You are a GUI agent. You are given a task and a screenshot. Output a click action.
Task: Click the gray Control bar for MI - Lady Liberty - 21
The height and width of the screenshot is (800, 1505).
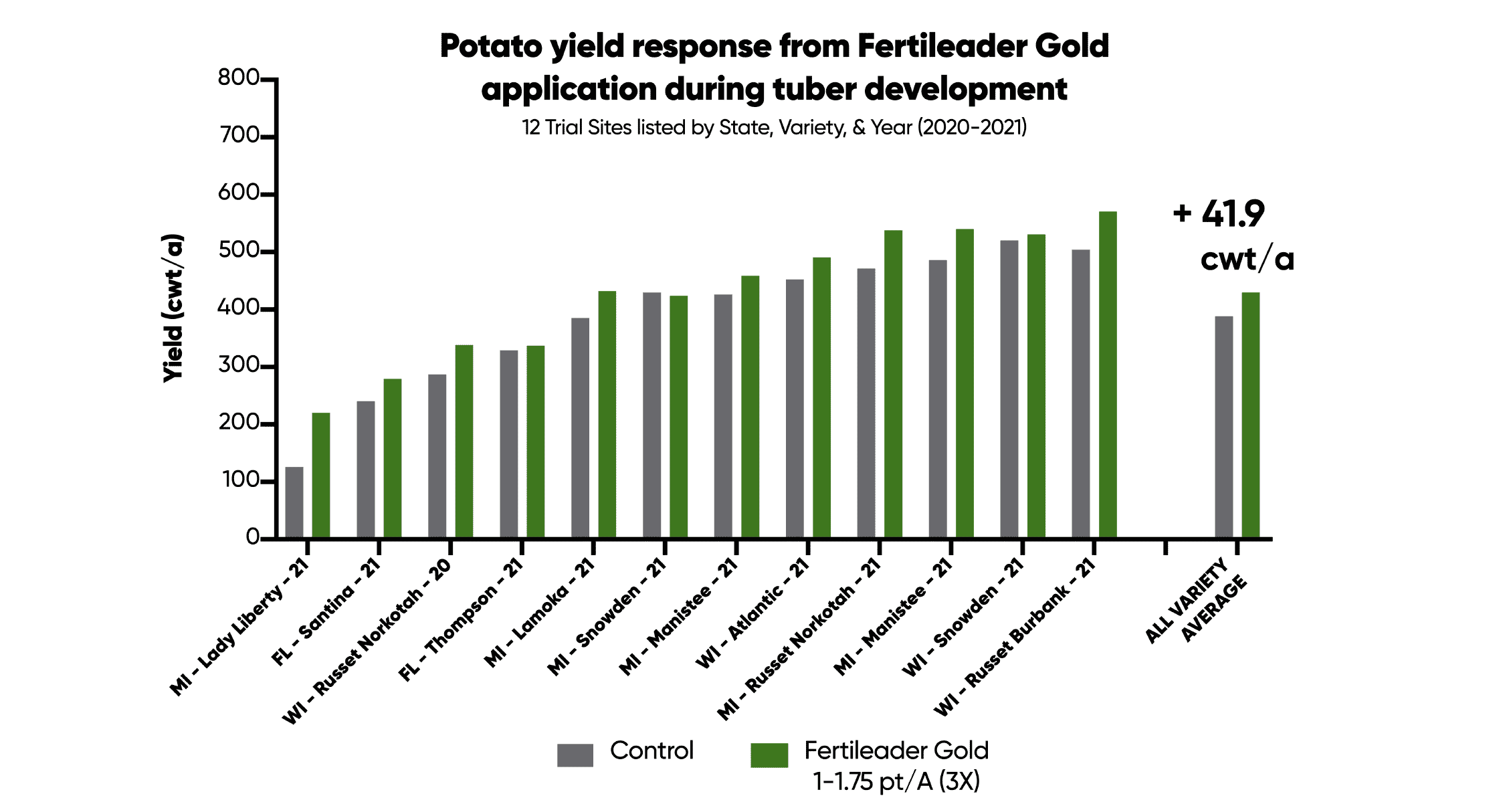coord(294,502)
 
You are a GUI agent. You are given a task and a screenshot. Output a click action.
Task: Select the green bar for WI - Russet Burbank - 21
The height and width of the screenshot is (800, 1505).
coord(1108,375)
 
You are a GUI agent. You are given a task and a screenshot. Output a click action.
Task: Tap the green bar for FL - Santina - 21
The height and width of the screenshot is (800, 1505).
coord(392,458)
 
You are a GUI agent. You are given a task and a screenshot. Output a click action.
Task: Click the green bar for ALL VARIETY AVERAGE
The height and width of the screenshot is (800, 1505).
coord(1250,415)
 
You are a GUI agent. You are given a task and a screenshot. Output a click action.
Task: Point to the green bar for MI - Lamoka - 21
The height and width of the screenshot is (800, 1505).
coord(607,414)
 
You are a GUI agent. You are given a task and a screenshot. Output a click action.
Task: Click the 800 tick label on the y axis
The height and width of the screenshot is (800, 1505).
coord(238,78)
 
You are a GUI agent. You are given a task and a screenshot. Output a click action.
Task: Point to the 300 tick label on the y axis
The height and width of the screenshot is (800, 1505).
coord(238,365)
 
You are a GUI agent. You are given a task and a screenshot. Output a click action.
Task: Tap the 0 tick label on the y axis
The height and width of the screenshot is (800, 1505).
coord(252,537)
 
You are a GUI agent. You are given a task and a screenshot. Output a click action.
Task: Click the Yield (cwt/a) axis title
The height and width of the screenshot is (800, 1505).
coord(173,308)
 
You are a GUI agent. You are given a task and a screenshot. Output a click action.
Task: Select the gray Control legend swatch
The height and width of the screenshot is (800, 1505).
coord(575,755)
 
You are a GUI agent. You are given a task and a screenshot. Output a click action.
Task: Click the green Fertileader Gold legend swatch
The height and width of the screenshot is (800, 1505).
coord(769,755)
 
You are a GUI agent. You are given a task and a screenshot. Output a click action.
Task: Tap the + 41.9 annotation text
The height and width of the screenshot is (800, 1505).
coord(1219,214)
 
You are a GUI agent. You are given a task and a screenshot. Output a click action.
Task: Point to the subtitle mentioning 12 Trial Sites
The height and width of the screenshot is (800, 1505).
coord(774,127)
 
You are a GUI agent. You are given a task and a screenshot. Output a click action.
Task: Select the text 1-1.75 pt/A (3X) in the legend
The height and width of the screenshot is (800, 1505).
coord(896,781)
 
